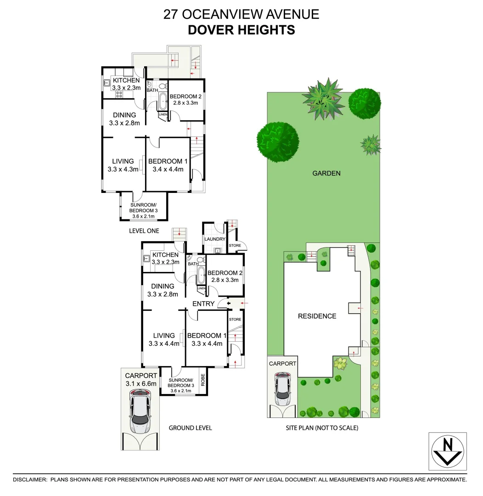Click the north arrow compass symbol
point(448,451)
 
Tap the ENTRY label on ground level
point(203,304)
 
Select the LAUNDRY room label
point(214,239)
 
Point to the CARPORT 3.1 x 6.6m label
point(141,379)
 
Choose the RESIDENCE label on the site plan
point(317,316)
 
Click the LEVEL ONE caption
point(144,231)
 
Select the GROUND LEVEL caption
point(190,428)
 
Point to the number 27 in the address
point(171,14)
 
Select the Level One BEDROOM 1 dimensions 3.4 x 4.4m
point(168,169)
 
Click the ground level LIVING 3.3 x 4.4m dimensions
point(164,344)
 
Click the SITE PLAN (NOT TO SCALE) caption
point(320,428)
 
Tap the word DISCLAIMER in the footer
point(30,479)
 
